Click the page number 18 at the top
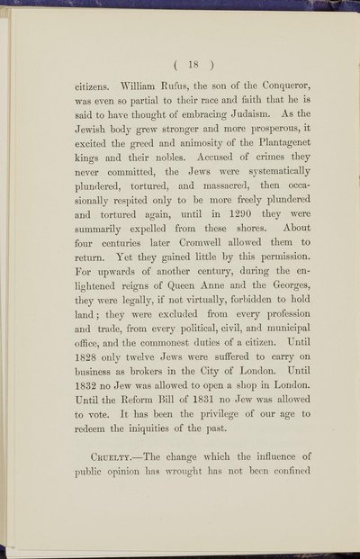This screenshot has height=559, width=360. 180,65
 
